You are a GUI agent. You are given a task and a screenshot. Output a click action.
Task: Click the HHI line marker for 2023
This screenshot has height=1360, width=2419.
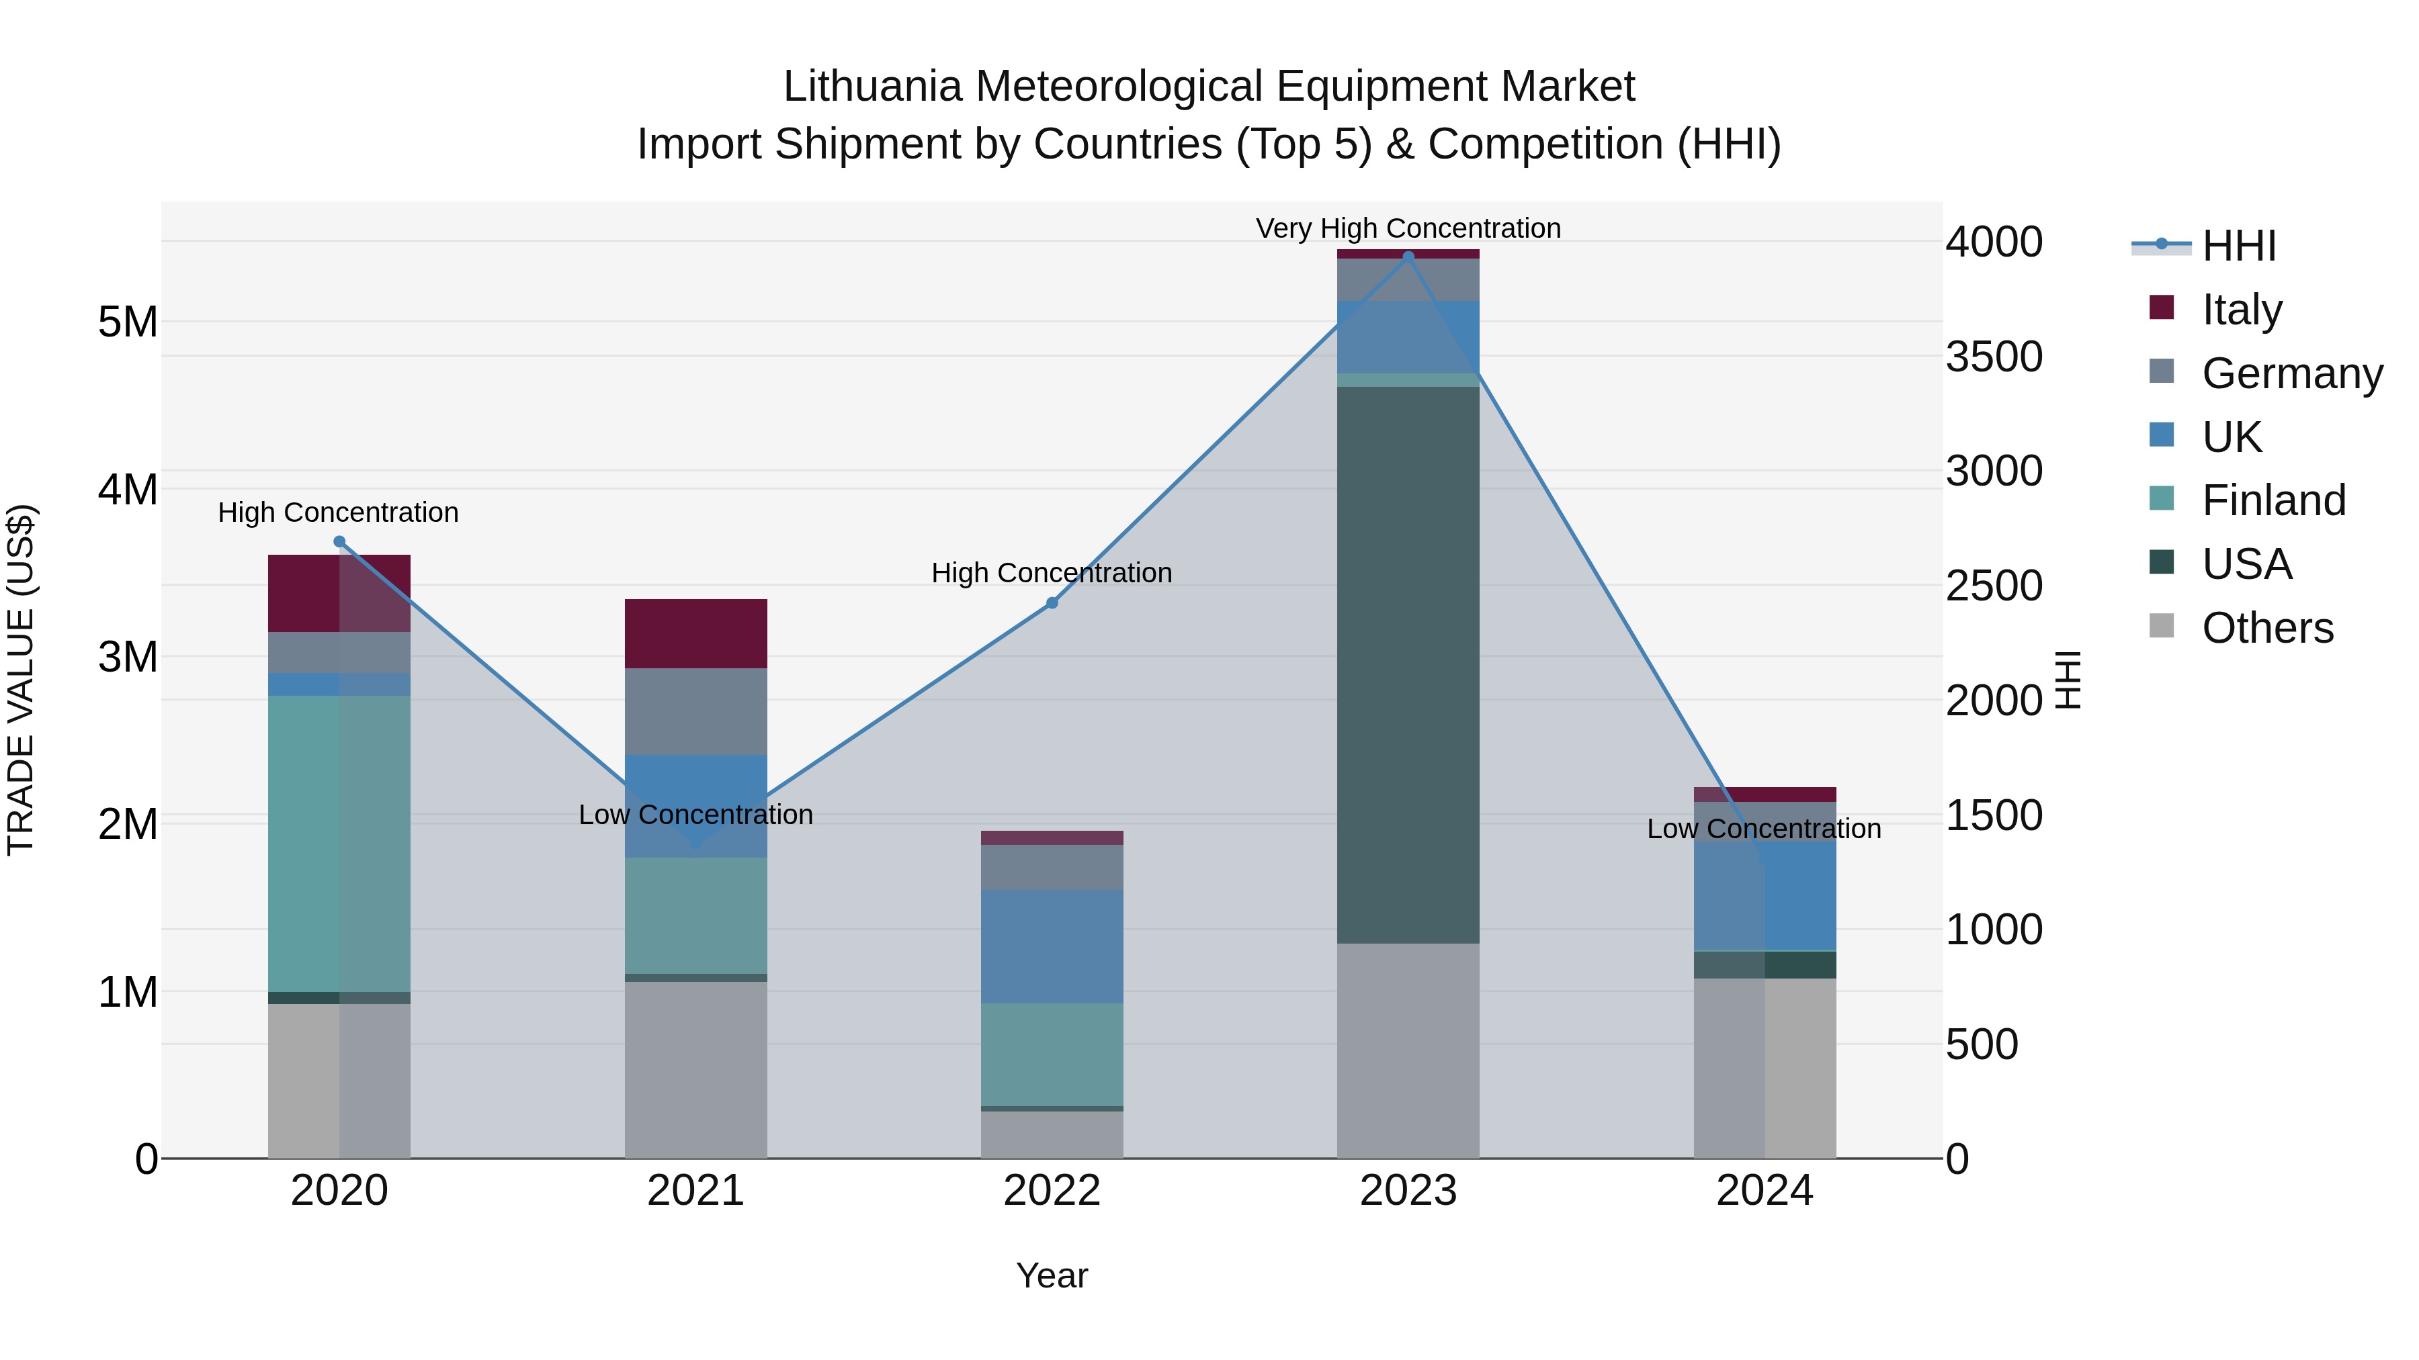coord(1408,257)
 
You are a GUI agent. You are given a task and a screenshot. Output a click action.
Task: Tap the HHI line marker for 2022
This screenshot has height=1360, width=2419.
coord(1052,602)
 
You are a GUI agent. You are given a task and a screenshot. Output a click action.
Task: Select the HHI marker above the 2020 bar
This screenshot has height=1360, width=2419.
coord(340,541)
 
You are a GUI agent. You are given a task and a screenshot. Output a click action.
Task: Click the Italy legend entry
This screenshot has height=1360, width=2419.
coord(2240,310)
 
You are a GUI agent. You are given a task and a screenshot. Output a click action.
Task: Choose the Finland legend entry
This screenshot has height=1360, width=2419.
coord(2273,500)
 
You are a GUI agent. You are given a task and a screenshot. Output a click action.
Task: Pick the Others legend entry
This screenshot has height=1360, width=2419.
coord(2267,628)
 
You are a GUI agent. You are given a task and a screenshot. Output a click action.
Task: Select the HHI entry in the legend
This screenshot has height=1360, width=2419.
coord(2239,246)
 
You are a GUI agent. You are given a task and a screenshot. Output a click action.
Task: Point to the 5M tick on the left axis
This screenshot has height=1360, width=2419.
coord(128,322)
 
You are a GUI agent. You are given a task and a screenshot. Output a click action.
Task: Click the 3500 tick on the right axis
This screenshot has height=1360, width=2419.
coord(1994,357)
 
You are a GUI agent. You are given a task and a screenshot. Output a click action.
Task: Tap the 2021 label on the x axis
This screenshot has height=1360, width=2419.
coord(695,1191)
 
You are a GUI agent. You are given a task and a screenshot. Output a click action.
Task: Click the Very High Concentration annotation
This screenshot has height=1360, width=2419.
coord(1408,228)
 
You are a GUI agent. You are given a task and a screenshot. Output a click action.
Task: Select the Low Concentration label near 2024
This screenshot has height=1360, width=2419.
coord(1764,829)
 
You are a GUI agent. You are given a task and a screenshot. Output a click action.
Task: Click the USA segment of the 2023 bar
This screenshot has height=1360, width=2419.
coord(1408,664)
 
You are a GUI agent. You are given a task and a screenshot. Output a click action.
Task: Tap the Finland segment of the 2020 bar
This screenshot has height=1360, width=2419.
coord(339,843)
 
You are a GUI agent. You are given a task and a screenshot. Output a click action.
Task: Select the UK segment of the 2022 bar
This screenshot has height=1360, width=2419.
coord(1052,946)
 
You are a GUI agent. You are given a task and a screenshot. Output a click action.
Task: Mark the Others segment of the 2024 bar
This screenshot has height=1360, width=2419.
coord(1764,1067)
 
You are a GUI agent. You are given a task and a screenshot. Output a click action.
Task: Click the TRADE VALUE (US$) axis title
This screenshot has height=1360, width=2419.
coord(21,680)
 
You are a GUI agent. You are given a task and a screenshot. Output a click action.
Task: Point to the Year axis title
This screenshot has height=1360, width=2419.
coord(1052,1275)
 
